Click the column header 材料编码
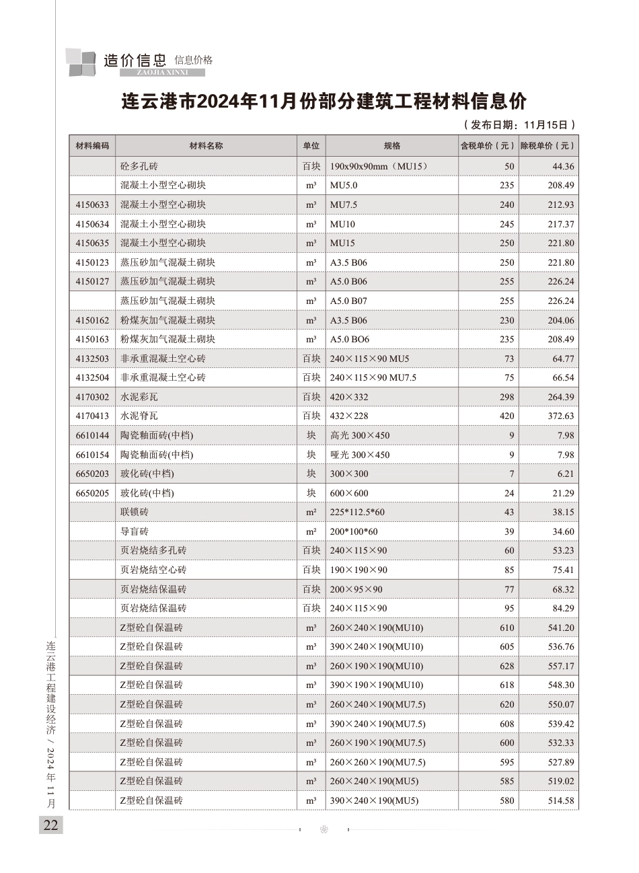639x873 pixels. [92, 146]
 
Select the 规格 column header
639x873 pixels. [391, 146]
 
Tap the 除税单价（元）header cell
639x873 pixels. [548, 146]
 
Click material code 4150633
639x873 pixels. [92, 204]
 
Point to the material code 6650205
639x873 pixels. [92, 493]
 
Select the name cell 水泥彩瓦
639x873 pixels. [139, 397]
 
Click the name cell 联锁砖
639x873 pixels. [135, 513]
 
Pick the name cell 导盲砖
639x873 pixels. [135, 531]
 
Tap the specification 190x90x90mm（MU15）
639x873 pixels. [379, 166]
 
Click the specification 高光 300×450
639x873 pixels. [360, 435]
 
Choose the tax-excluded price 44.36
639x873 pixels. [563, 166]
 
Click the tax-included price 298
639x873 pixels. [506, 397]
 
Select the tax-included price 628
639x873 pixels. [506, 666]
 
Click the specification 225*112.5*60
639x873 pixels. [358, 513]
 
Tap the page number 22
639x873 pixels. [51, 825]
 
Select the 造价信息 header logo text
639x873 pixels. [135, 61]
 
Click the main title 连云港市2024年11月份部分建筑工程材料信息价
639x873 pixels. [323, 102]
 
